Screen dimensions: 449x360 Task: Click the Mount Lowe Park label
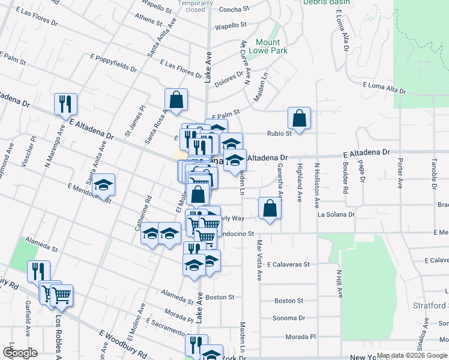coord(268,46)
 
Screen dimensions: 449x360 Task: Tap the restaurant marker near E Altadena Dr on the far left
coord(65,104)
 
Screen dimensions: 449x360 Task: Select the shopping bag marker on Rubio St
coord(298,119)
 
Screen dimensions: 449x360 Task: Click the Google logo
coord(20,353)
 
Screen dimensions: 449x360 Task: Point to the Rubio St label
coord(280,133)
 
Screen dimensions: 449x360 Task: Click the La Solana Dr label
coord(336,214)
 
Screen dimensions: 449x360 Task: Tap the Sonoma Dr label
coord(289,319)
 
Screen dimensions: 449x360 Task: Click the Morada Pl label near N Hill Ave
coord(301,337)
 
